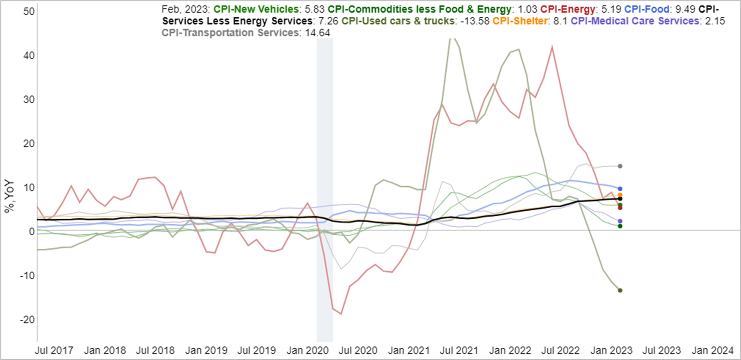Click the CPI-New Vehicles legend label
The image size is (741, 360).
[x=256, y=9]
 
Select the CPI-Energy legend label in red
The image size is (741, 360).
[x=567, y=9]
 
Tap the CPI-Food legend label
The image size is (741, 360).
[x=646, y=9]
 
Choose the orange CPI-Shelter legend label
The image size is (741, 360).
[x=520, y=21]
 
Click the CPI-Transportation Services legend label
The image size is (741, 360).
[x=230, y=33]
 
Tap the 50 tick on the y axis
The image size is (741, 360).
[x=29, y=11]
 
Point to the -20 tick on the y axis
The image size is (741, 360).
[x=27, y=319]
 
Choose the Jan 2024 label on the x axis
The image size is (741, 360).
[x=712, y=350]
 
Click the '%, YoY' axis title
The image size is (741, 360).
[x=9, y=196]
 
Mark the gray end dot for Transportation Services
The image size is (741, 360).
[x=620, y=166]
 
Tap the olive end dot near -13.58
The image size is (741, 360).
[x=620, y=291]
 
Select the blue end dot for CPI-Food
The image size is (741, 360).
[x=620, y=189]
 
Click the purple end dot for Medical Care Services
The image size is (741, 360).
[x=620, y=221]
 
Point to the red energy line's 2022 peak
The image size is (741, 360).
[x=552, y=46]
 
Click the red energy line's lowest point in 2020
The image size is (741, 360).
[x=341, y=314]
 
